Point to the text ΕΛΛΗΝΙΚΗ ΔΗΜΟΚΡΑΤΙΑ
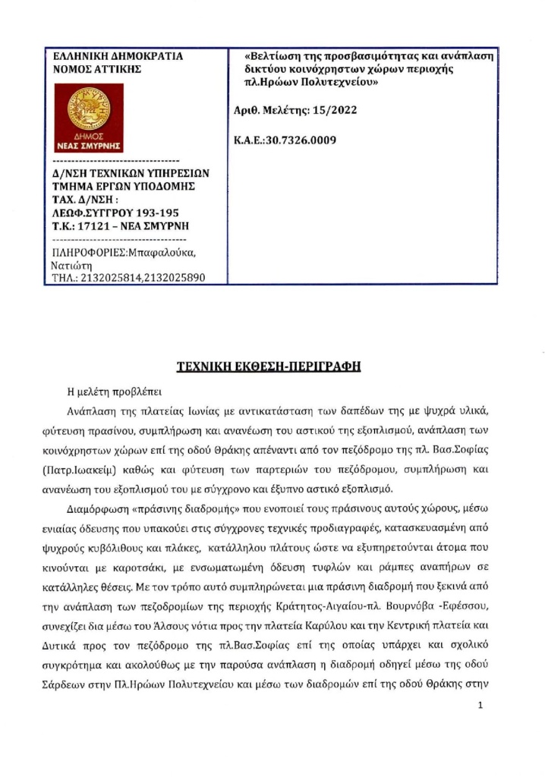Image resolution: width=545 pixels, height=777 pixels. pyautogui.click(x=108, y=56)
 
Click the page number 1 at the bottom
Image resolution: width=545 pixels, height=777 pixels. pyautogui.click(x=481, y=706)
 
